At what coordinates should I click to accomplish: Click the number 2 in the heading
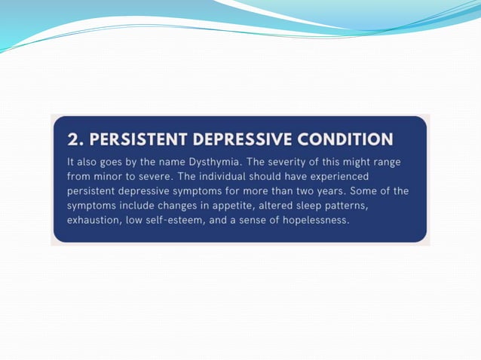72,139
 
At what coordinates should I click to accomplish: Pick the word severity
283,162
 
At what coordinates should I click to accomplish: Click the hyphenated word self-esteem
179,219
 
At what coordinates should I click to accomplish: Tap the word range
392,162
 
